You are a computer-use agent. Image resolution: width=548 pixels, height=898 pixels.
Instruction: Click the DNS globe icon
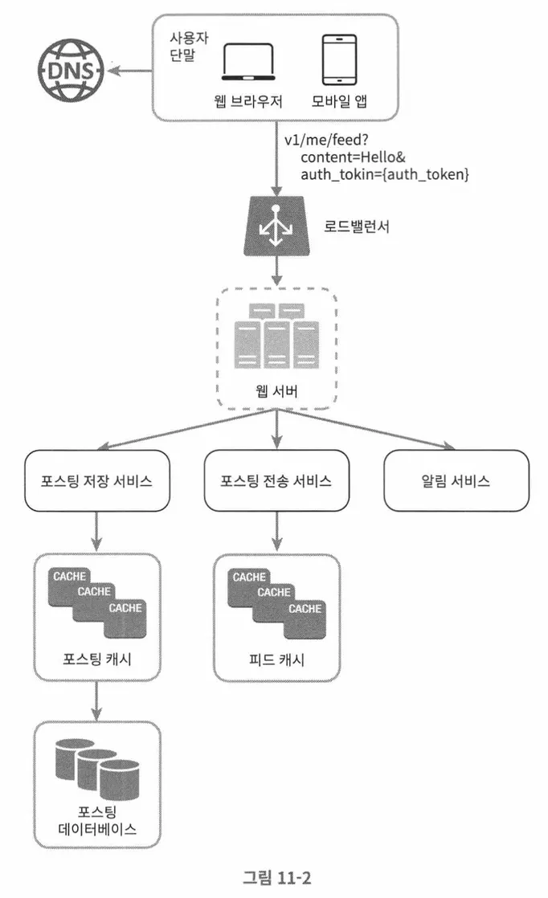71,71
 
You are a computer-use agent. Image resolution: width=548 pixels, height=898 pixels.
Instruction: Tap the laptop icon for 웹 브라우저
248,62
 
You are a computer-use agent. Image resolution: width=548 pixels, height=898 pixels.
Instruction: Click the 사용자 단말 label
188,47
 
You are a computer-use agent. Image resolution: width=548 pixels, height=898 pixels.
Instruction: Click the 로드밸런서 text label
357,227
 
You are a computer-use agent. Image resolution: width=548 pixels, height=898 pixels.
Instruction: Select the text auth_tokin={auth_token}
385,174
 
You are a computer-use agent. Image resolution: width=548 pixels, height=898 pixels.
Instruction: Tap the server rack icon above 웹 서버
277,336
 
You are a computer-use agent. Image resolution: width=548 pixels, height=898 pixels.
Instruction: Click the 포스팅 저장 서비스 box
96,480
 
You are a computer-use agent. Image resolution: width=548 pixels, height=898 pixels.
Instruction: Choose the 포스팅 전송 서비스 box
276,480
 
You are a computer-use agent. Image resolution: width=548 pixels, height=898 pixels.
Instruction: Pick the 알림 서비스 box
456,480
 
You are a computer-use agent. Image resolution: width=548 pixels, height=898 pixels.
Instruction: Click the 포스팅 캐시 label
96,659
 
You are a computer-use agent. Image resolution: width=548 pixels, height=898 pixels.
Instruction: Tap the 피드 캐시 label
276,659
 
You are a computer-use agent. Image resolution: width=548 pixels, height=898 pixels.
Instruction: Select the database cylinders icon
97,769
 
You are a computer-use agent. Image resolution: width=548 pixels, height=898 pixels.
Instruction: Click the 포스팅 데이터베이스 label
97,820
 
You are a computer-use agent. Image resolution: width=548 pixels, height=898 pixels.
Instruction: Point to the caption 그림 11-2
276,877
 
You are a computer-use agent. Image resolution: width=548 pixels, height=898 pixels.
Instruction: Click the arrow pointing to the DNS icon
130,71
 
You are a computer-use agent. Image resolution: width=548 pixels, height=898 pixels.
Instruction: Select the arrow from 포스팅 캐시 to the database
96,700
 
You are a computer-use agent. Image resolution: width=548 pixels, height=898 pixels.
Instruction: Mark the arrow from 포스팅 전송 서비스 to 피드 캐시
277,532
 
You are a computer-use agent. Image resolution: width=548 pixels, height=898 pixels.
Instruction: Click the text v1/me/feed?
326,140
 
